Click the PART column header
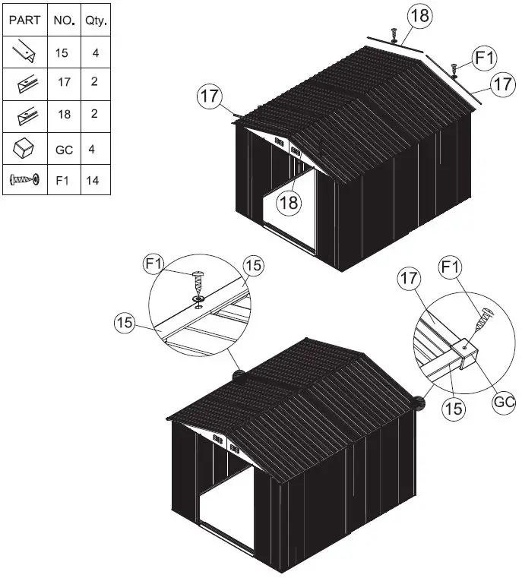coord(24,21)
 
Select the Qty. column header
coord(95,21)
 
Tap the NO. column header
coord(64,21)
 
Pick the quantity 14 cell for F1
coord(93,180)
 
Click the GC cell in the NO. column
coord(64,150)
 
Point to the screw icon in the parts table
coord(24,180)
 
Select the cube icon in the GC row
coord(24,148)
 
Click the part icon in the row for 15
coord(24,53)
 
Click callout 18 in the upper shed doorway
coord(288,202)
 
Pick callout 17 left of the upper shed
coord(210,97)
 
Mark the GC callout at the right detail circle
coord(505,402)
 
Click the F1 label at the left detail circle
coord(154,264)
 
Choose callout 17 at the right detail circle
coord(409,280)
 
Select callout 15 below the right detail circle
coord(453,409)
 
